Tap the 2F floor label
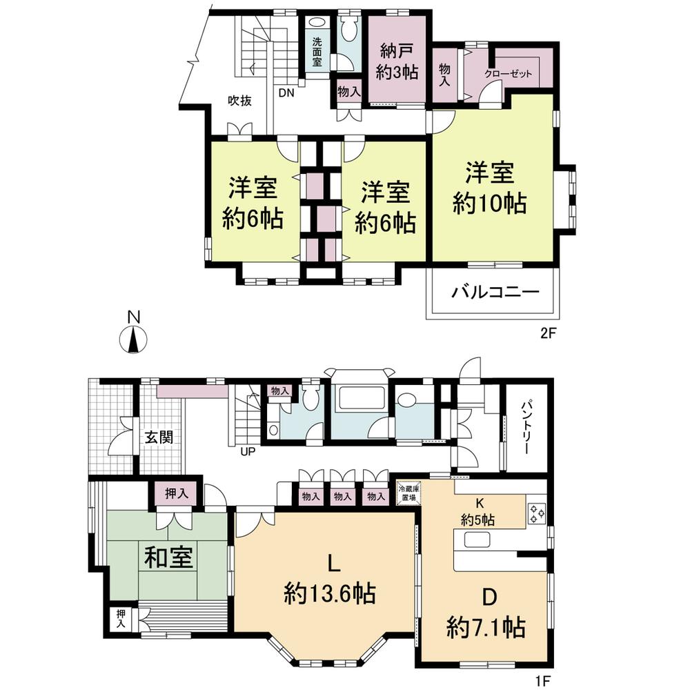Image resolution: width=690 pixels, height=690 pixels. (x=548, y=332)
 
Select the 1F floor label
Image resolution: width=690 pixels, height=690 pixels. (x=544, y=680)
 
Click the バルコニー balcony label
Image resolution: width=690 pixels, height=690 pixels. (x=495, y=292)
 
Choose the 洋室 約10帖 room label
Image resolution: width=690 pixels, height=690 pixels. (x=490, y=186)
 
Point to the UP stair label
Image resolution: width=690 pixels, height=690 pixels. (x=247, y=453)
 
